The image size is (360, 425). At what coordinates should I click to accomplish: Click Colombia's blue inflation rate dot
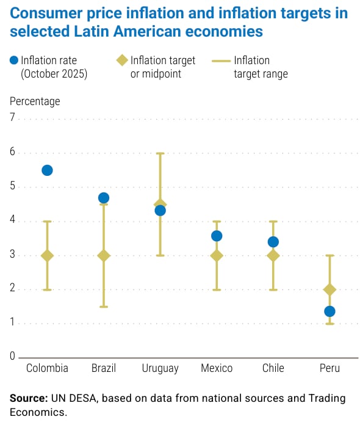(x=47, y=170)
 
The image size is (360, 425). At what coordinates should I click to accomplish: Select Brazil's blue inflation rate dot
(x=104, y=198)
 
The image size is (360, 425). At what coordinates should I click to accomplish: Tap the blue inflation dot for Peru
(x=329, y=311)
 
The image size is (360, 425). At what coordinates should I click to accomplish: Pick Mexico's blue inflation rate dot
(x=217, y=236)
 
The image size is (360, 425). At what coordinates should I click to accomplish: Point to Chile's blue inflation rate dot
(x=273, y=242)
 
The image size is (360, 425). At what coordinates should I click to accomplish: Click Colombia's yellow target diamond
(x=47, y=255)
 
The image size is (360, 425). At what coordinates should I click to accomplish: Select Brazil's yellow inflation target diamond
(x=104, y=255)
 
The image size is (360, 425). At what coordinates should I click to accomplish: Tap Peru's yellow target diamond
(x=329, y=289)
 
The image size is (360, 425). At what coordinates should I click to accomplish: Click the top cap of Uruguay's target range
(x=160, y=153)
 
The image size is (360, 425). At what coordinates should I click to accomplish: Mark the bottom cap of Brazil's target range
(x=104, y=307)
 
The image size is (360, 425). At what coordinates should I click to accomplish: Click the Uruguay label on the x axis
(x=160, y=368)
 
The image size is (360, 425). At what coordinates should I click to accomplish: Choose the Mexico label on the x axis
(x=217, y=368)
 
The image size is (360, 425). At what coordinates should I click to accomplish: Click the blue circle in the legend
(x=14, y=60)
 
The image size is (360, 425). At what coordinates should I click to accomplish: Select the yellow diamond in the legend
(x=122, y=60)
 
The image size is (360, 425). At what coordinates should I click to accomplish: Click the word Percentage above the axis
(x=35, y=101)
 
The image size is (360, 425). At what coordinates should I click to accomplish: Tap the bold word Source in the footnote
(x=29, y=399)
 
